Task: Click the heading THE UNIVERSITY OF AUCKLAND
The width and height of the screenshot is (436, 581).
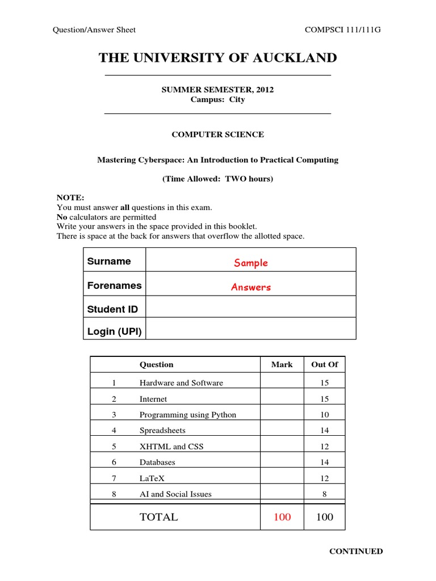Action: coord(217,58)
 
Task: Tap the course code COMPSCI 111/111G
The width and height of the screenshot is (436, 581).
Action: coord(343,30)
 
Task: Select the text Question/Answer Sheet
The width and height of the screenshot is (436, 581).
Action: coord(94,30)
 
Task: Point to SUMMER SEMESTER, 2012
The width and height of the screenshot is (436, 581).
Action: coord(217,90)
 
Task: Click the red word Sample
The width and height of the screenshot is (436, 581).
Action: coord(250,263)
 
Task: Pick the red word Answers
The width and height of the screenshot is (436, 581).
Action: coord(250,287)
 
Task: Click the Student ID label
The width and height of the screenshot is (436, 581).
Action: coord(112,309)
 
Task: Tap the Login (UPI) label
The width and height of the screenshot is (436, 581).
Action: coord(114,331)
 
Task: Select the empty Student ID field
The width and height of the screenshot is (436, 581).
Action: coord(250,307)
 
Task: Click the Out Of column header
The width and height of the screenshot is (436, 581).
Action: coord(324,364)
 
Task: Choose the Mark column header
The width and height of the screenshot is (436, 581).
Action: coord(282,364)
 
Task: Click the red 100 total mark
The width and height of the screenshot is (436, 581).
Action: coord(282,517)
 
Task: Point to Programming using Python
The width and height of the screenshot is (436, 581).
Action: coord(187,414)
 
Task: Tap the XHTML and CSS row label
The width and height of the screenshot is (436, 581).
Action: coord(171,446)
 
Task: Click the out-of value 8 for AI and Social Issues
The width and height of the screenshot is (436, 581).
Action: coord(324,494)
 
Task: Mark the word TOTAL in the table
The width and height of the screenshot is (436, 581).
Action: coord(158,517)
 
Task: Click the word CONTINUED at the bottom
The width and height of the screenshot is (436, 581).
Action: coord(356,551)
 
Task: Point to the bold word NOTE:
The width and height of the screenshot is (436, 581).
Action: coord(70,197)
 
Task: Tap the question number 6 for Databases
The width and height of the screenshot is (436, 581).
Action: coord(114,462)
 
